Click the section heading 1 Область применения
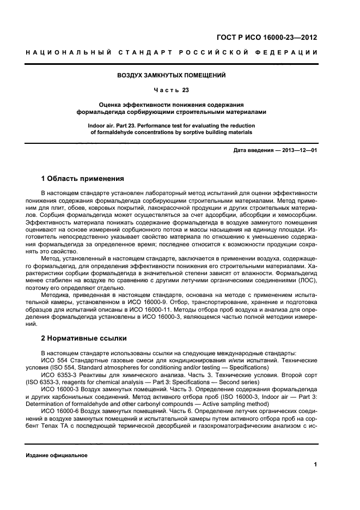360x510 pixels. click(83, 178)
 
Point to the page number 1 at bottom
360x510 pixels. click(315, 464)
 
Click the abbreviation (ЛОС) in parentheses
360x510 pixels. click(304, 280)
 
